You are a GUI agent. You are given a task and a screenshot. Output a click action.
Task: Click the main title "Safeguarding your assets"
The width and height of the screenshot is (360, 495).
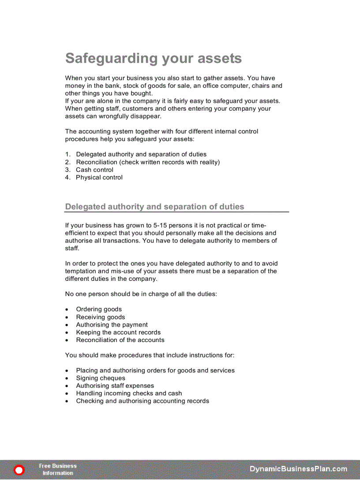point(154,59)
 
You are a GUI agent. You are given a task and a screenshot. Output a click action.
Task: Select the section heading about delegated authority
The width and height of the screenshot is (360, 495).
point(154,207)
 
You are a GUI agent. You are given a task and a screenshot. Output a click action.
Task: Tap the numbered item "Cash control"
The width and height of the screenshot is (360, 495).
point(94,170)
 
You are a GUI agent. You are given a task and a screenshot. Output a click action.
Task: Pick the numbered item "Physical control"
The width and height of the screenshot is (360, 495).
point(99,178)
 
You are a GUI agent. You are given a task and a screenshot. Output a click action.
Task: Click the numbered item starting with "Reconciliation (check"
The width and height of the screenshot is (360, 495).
point(148,162)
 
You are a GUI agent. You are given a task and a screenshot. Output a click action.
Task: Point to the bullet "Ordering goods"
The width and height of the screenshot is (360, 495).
point(99,309)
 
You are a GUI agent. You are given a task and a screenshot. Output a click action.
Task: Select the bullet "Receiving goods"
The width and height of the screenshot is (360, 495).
point(100,317)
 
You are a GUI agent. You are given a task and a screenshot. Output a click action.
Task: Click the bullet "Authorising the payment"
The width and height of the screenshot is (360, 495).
point(112,325)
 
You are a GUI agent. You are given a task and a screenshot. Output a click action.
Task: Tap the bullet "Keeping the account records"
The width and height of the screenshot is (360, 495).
point(118,332)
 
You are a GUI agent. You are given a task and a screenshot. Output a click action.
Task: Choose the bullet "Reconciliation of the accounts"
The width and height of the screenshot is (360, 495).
point(120,340)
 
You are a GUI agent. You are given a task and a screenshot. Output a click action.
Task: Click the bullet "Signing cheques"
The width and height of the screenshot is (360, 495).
point(101,378)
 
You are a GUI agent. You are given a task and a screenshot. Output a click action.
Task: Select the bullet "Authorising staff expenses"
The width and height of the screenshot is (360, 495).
point(115,386)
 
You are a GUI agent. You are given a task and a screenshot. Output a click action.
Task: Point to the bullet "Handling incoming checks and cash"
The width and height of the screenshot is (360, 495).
point(129,394)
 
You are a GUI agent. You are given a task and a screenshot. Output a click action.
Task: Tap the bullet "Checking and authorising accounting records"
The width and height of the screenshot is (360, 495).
point(142,401)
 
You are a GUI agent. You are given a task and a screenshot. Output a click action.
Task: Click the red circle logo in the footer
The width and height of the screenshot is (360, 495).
point(19,470)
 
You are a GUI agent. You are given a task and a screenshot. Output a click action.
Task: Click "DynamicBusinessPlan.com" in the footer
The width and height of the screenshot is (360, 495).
point(298,469)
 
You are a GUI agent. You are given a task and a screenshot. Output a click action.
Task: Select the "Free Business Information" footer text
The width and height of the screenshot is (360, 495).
point(58,469)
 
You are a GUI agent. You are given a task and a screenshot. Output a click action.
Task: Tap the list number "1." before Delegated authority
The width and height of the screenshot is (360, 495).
point(68,155)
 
